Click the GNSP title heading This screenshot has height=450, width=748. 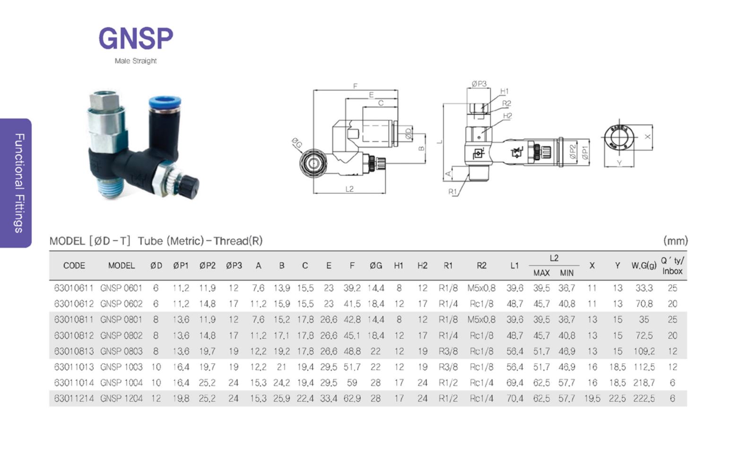click(136, 38)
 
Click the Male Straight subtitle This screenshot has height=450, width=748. click(136, 61)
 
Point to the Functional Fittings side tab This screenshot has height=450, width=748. click(19, 183)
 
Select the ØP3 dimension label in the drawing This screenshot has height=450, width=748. click(479, 84)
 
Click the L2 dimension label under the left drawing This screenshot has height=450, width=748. click(349, 189)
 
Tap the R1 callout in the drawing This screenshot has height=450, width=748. click(452, 192)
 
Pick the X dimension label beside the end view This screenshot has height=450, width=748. click(647, 137)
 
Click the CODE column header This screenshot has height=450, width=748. click(74, 265)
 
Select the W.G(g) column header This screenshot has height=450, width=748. click(644, 265)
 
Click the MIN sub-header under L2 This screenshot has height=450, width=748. click(567, 273)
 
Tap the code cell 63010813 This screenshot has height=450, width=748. click(74, 351)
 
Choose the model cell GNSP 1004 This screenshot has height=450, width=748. click(121, 382)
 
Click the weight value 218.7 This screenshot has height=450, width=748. click(644, 382)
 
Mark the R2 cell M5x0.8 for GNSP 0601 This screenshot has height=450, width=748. click(481, 288)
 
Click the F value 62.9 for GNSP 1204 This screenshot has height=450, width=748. click(352, 399)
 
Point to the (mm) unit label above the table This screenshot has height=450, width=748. click(676, 241)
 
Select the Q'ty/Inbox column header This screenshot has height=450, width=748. click(672, 265)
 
